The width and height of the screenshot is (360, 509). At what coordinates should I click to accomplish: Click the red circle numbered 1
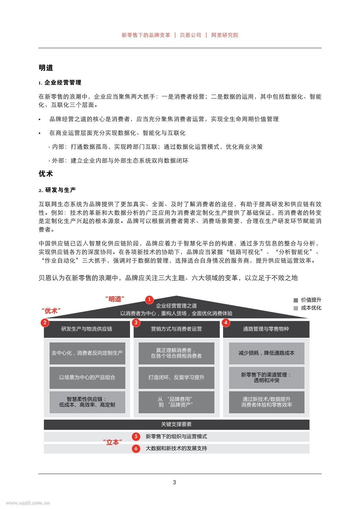(149, 300)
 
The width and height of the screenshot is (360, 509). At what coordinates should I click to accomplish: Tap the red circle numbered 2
(45, 323)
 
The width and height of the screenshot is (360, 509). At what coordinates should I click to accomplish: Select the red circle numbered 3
(136, 323)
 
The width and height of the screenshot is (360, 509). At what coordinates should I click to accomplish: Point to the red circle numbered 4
(226, 323)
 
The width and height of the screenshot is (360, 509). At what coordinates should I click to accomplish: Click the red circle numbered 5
(136, 436)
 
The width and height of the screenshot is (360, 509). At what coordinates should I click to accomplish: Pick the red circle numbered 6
(136, 448)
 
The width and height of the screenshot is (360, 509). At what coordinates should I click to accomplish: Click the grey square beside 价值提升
(296, 300)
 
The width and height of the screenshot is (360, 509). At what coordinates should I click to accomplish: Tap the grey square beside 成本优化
(296, 308)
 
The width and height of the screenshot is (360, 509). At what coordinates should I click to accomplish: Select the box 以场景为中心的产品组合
(87, 377)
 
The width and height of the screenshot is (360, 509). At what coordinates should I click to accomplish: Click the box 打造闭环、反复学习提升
(176, 377)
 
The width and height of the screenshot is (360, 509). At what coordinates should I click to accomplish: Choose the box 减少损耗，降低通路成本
(267, 353)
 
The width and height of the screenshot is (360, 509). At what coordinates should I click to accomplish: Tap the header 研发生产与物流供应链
(87, 329)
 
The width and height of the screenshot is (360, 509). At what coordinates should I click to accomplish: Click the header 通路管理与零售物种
(266, 329)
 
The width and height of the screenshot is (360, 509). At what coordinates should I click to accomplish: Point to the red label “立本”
(113, 442)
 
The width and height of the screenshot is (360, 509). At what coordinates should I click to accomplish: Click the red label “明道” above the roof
(115, 299)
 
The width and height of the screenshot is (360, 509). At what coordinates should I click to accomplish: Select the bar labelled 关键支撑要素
(177, 425)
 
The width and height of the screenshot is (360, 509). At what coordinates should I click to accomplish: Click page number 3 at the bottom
(174, 482)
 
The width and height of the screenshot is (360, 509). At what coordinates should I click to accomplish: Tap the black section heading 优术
(46, 174)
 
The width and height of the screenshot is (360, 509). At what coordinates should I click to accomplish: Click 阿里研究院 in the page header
(225, 35)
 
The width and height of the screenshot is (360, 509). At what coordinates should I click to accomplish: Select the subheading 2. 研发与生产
(57, 190)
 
